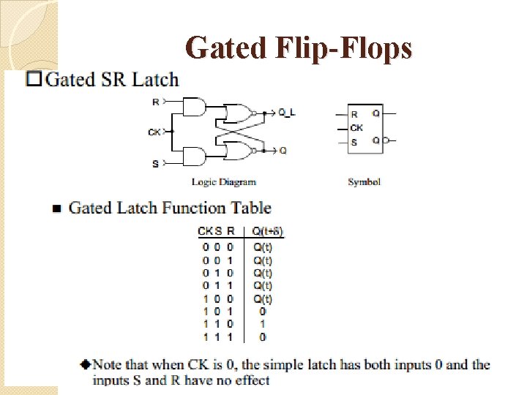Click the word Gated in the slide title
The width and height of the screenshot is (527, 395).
[228, 48]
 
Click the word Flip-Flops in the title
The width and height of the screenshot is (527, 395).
[345, 48]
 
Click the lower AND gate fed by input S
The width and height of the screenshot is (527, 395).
[195, 156]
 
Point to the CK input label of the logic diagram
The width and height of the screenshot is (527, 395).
[154, 132]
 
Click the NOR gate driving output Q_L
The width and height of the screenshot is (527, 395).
[237, 113]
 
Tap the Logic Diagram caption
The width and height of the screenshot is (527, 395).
[224, 181]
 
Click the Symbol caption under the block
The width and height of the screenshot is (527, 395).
[364, 181]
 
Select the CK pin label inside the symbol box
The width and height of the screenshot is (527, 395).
[356, 127]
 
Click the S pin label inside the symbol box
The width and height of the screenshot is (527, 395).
[354, 141]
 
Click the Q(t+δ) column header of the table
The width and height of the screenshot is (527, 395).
[267, 232]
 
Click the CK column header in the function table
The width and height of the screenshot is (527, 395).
[205, 232]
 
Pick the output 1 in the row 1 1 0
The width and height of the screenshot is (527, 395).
[262, 324]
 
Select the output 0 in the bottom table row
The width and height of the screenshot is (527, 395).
[262, 337]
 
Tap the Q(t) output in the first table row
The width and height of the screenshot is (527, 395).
[262, 247]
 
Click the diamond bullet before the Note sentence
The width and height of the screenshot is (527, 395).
[86, 364]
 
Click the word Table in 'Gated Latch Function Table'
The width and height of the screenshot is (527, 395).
[251, 208]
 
